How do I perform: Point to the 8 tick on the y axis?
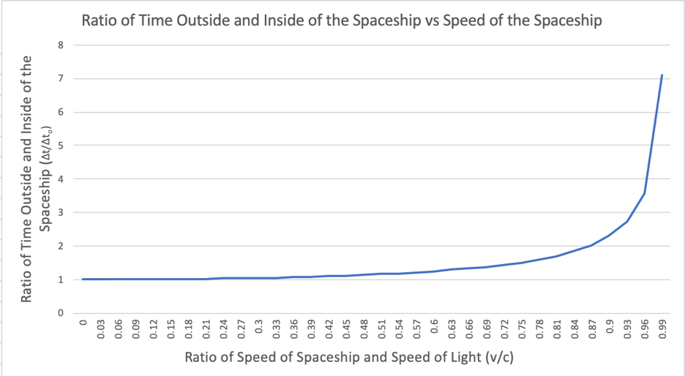tap(61, 45)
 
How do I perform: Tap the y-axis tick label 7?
tap(61, 79)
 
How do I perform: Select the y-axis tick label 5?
tap(61, 146)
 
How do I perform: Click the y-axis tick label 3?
tap(61, 213)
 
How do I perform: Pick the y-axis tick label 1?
tap(61, 279)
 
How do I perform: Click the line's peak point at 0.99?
tap(662, 75)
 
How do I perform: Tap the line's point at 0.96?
tap(644, 193)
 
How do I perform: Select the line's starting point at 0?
tap(83, 279)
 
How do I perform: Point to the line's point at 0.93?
tap(626, 222)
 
